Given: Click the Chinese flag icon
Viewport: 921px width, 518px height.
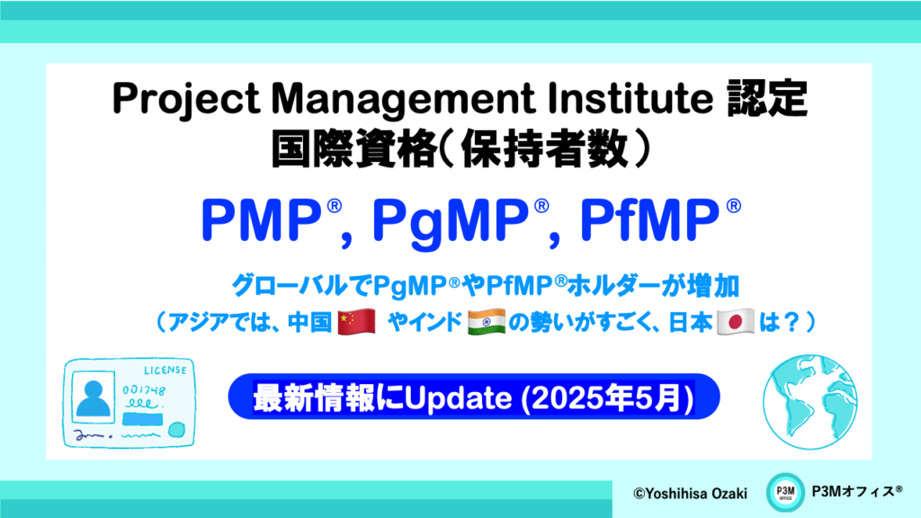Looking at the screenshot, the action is [x=357, y=322].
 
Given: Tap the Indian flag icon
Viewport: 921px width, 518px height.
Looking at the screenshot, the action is [x=487, y=322].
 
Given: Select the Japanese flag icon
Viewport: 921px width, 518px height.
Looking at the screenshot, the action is [x=736, y=322].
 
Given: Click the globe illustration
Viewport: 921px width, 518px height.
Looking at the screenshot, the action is [x=810, y=402].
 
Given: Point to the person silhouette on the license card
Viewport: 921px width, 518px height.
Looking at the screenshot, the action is [x=94, y=398].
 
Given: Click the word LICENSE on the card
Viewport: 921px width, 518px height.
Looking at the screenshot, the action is [x=165, y=370].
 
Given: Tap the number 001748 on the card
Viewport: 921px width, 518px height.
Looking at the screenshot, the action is [x=144, y=390].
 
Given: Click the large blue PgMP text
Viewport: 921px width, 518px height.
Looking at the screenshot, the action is [x=452, y=221].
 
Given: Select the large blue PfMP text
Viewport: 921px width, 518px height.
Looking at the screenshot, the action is [x=649, y=219].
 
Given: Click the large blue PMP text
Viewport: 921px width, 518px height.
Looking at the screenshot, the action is [x=261, y=219].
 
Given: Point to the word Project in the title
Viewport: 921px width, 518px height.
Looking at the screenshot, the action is [x=186, y=99].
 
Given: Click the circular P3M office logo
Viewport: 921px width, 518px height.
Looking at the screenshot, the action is [x=784, y=492].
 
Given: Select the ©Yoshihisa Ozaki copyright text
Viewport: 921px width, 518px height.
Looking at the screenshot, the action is [x=690, y=494].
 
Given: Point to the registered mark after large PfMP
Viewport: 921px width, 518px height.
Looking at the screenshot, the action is [x=734, y=206].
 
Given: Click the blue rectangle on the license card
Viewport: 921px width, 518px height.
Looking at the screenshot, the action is [x=143, y=419].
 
